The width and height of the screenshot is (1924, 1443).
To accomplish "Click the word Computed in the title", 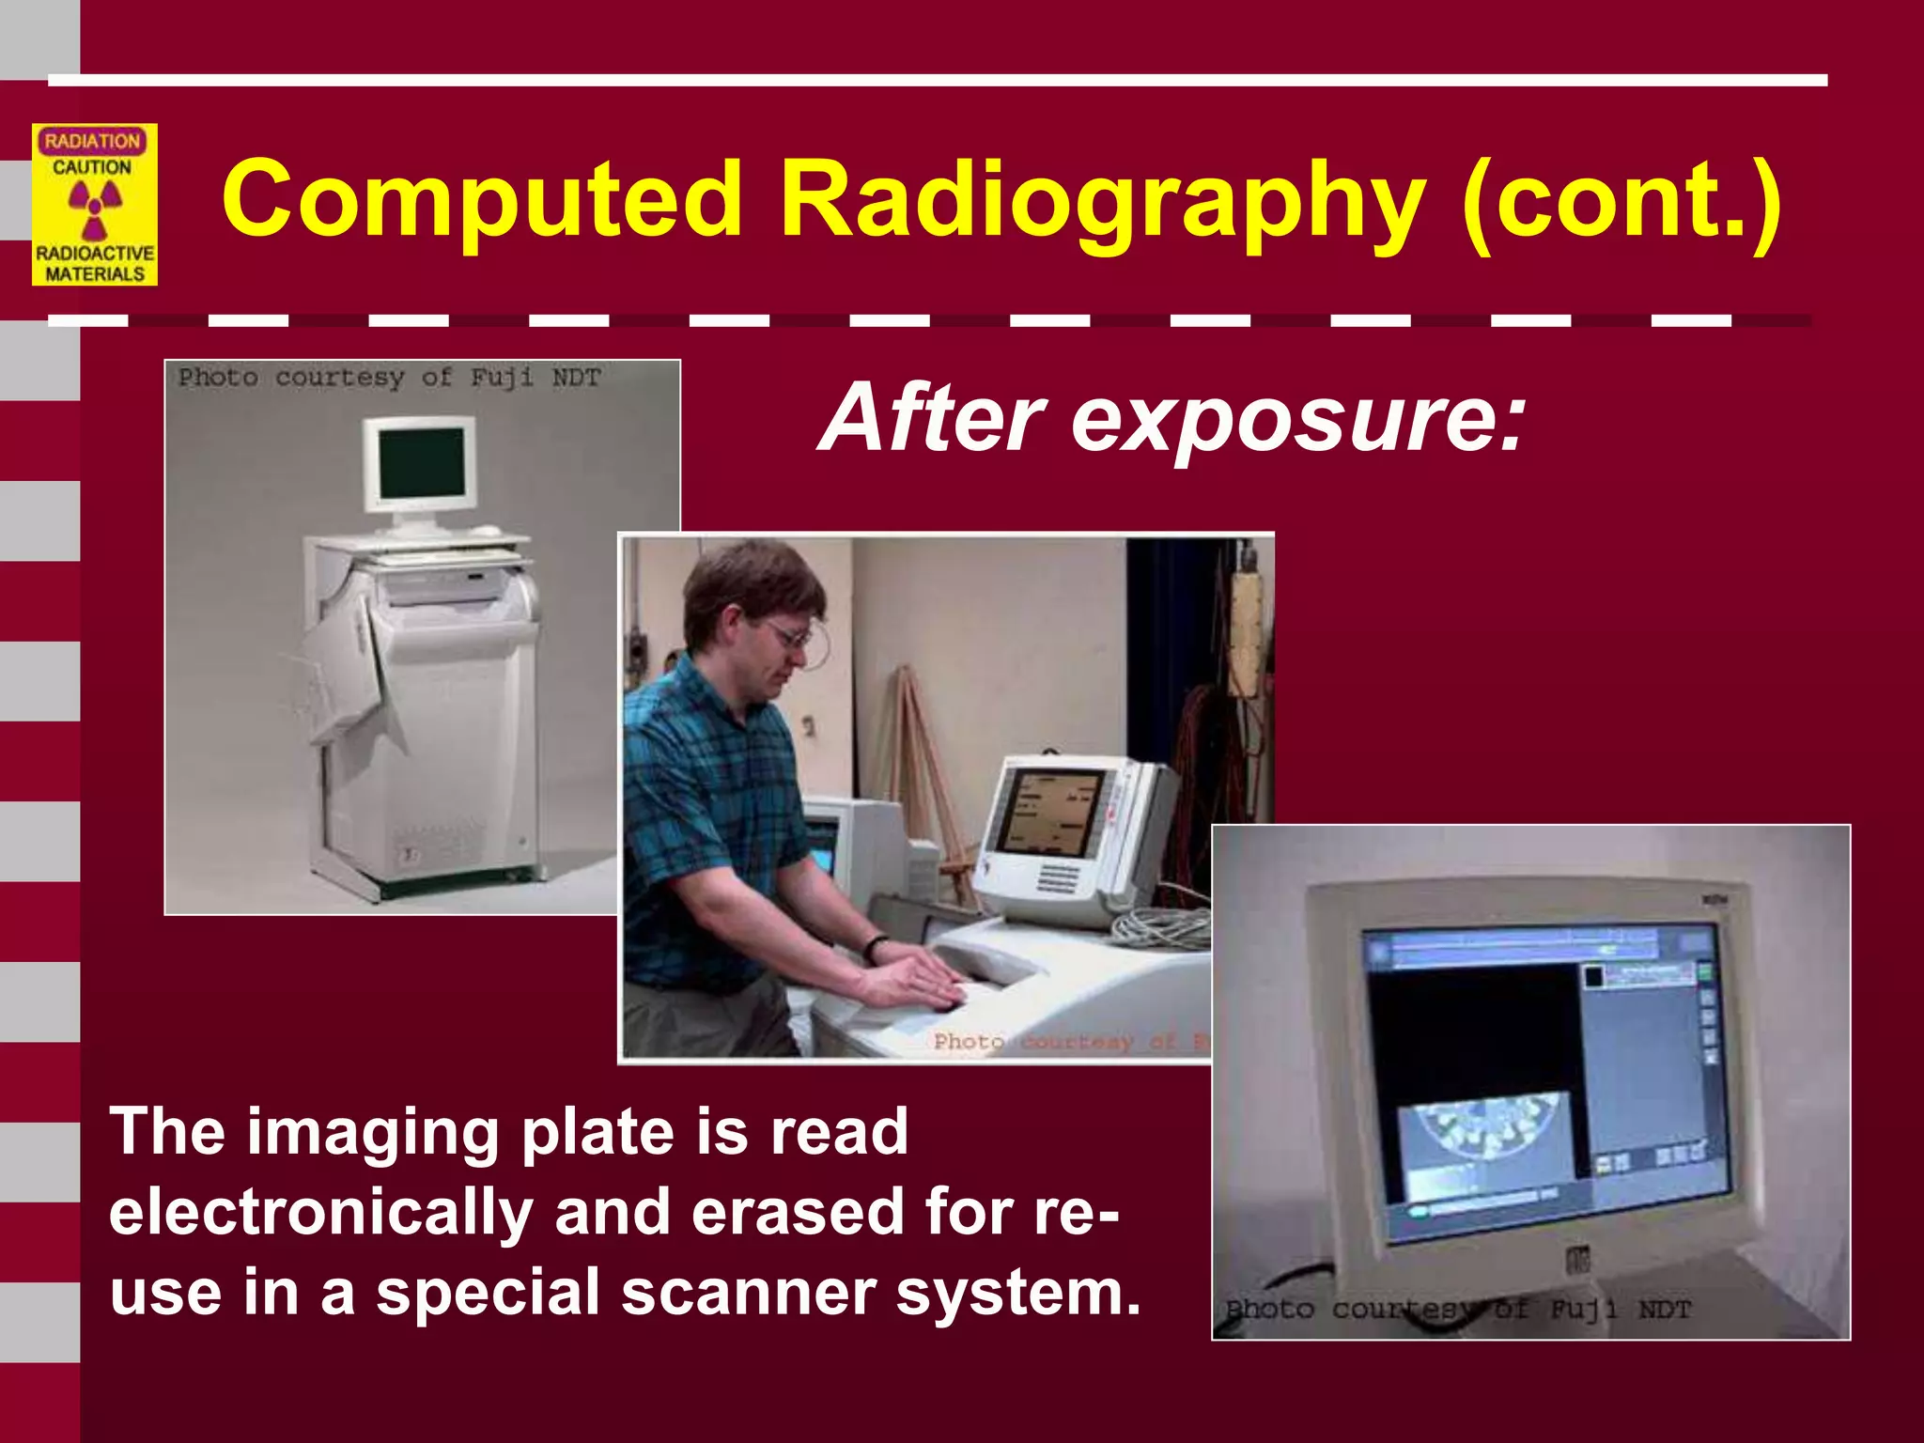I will click(482, 200).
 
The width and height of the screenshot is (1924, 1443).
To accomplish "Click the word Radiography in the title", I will click(1102, 200).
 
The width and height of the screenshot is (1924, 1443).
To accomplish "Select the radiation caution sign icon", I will click(94, 205).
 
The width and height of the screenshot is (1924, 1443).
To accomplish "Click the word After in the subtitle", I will click(932, 417).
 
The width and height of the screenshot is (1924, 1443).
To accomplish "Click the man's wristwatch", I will click(875, 946).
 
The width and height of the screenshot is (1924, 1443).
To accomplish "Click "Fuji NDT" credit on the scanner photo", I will click(535, 378).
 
